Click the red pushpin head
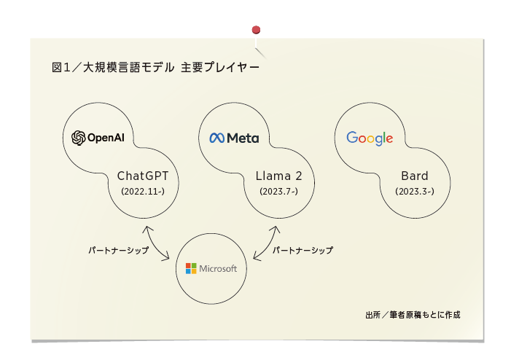[256, 30]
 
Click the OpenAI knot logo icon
[79, 138]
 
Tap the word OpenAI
[106, 138]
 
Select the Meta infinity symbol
[217, 138]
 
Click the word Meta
[243, 138]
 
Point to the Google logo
[370, 138]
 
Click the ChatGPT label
[143, 176]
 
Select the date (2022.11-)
[143, 191]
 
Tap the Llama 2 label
[278, 176]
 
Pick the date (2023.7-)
[278, 191]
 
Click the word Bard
[415, 176]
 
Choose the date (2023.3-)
[415, 191]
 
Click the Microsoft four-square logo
[191, 268]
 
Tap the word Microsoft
[218, 268]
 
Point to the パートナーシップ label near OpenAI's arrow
[119, 250]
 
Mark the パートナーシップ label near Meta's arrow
[303, 250]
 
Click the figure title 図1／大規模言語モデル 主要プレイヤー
[155, 67]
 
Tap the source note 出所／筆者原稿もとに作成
[413, 315]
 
